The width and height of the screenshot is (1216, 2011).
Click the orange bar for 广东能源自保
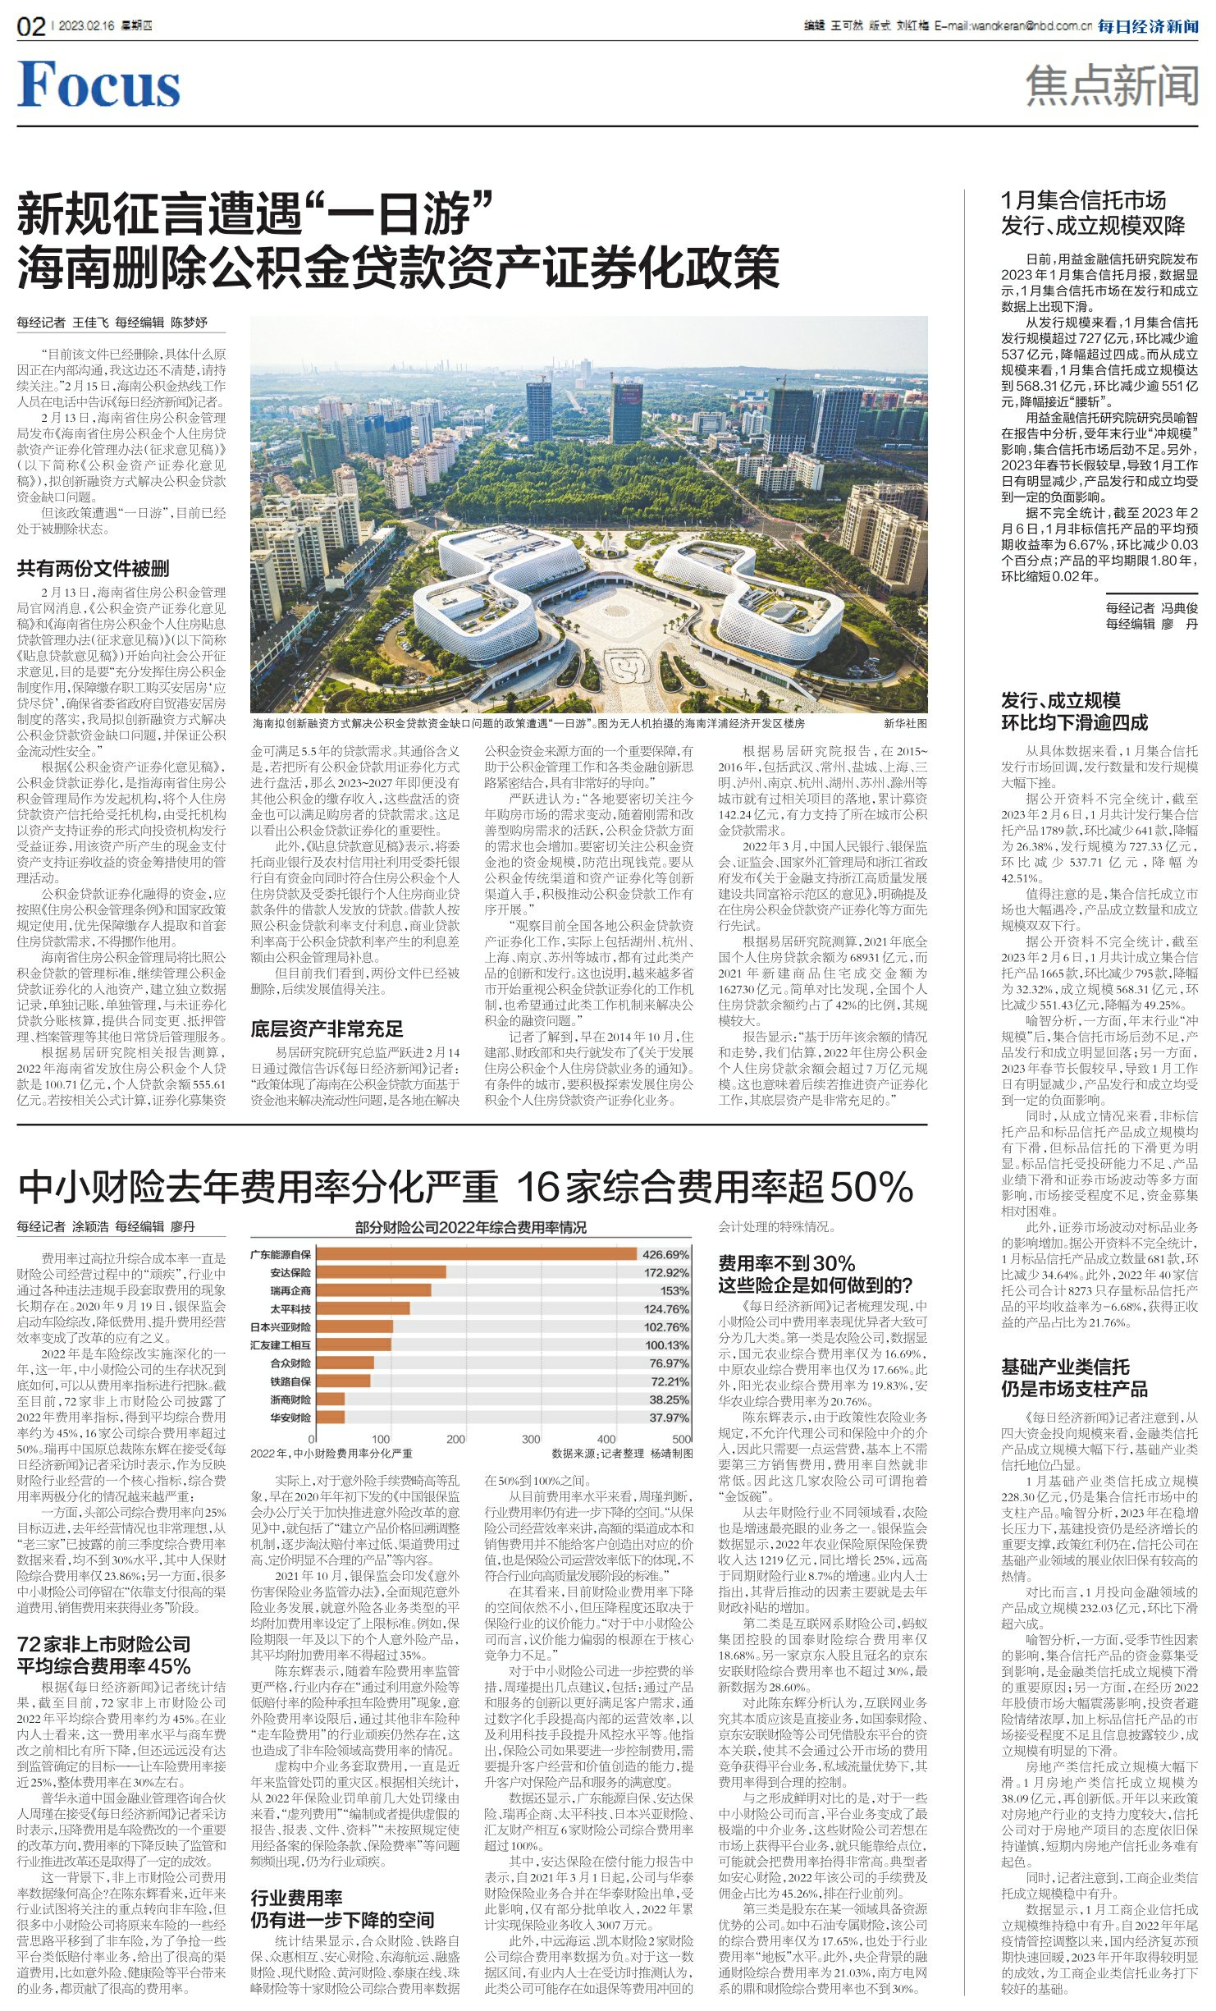click(x=476, y=1254)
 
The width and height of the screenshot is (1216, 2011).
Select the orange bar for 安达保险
click(x=381, y=1272)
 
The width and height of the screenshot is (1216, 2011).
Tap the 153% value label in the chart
click(x=674, y=1290)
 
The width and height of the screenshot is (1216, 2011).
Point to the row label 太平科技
click(x=290, y=1308)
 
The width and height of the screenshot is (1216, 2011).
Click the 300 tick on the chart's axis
click(x=531, y=1439)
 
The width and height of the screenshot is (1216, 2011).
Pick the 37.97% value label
click(x=669, y=1418)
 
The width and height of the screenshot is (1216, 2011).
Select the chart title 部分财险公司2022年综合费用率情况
click(x=470, y=1228)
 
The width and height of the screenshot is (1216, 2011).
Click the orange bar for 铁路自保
click(x=343, y=1381)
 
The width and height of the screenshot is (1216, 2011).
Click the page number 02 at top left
click(x=31, y=27)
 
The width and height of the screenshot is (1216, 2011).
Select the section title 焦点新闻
click(x=1111, y=86)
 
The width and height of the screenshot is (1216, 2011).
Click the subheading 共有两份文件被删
click(x=93, y=568)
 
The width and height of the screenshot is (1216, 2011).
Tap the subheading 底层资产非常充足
click(x=327, y=1028)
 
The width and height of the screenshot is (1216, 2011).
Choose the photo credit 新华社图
click(x=905, y=723)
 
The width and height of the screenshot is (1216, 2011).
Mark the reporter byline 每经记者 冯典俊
click(x=1151, y=608)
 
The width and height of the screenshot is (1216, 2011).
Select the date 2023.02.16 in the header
click(x=86, y=26)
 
